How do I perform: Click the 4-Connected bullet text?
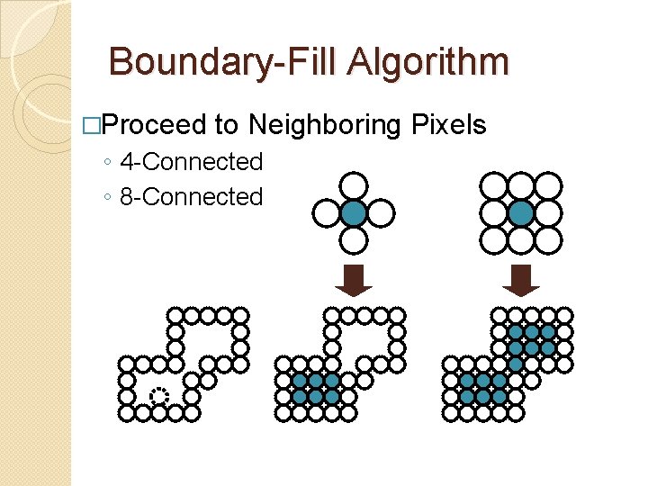191,162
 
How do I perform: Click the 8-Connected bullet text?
191,196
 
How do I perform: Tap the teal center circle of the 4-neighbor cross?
355,213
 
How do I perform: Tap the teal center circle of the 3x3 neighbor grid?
521,213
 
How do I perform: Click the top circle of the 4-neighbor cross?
355,186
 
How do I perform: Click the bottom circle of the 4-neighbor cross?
355,240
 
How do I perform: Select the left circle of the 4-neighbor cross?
327,213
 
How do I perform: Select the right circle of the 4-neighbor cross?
382,213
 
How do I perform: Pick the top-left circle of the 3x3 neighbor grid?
494,186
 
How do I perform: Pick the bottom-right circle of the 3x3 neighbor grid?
548,240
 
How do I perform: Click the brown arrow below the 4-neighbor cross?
354,280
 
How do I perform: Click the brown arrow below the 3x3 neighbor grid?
520,280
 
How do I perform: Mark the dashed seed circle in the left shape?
159,396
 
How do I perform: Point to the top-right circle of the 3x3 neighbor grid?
548,186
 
